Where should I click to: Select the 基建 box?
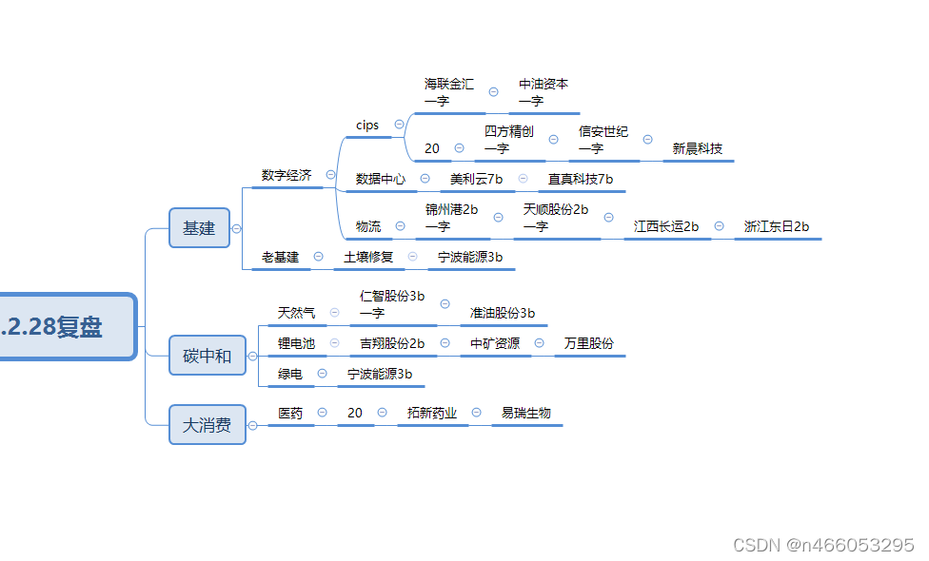pos(199,228)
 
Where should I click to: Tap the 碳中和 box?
pos(207,357)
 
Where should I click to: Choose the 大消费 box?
pos(207,425)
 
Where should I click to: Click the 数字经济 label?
pos(287,175)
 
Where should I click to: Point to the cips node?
pos(367,125)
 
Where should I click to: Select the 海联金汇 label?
pos(449,84)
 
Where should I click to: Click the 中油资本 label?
pos(544,84)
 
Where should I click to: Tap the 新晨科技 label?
pos(698,148)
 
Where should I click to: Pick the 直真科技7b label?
pos(581,178)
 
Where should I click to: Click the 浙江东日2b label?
pos(777,226)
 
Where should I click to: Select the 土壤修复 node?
pos(368,257)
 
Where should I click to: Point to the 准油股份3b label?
pos(503,313)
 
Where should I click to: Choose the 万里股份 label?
pos(589,343)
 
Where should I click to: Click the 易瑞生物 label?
pos(526,413)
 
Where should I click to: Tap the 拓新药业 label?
pos(432,413)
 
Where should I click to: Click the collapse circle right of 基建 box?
pos(236,228)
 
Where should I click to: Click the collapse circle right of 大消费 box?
pos(252,425)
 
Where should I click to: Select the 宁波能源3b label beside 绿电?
pos(380,374)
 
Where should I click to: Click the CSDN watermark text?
pos(823,545)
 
